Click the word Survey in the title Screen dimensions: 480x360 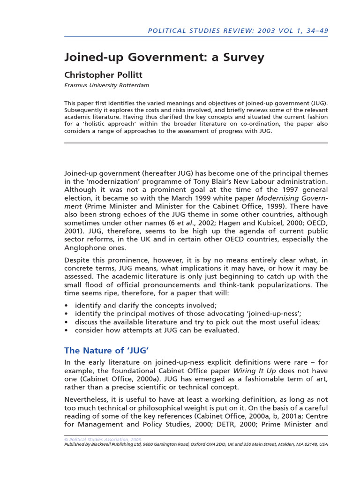tap(242, 58)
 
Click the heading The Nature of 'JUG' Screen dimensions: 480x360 tap(106, 350)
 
